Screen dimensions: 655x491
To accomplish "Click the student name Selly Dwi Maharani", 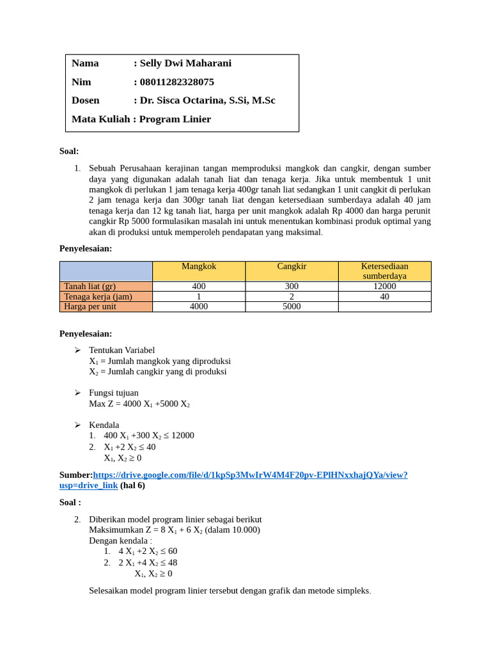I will [185, 63].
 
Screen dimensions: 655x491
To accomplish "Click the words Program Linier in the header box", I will [175, 119].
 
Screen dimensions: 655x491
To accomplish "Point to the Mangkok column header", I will [199, 266].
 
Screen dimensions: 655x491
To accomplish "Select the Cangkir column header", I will [292, 266].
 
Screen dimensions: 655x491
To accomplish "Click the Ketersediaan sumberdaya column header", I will [384, 271].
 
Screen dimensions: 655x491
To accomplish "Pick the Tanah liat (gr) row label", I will [90, 287].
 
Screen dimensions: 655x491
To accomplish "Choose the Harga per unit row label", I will [90, 306].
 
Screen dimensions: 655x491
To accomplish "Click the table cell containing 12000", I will [384, 287].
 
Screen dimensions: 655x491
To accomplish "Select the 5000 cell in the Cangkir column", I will [292, 306].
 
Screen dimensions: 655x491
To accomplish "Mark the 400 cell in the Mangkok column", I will [199, 287].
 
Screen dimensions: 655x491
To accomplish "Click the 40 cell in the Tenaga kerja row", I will [384, 297].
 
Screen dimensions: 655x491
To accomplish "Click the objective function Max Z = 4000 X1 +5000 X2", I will [139, 404].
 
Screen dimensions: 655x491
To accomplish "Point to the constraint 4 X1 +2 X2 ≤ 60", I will [148, 551].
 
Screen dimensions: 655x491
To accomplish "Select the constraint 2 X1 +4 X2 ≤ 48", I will [148, 563].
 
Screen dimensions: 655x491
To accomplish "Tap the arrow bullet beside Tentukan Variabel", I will [77, 350].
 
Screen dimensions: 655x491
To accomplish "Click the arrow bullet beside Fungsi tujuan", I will [77, 393].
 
